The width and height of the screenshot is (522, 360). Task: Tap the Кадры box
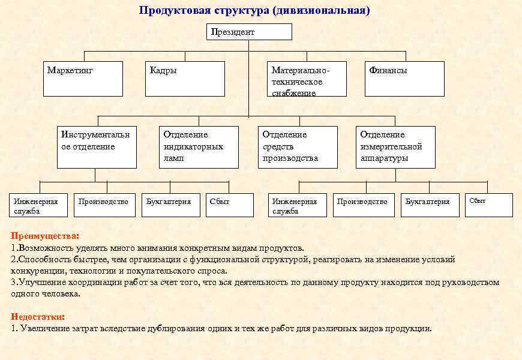point(184,79)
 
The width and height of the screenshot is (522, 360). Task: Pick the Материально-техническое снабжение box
point(307,79)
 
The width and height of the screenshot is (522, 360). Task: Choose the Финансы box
point(404,79)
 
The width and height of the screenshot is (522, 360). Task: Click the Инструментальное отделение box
point(97,146)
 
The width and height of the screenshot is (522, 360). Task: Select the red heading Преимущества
point(44,235)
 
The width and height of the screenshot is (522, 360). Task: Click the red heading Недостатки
point(38,316)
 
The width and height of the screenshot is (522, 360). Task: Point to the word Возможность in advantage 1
point(44,247)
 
